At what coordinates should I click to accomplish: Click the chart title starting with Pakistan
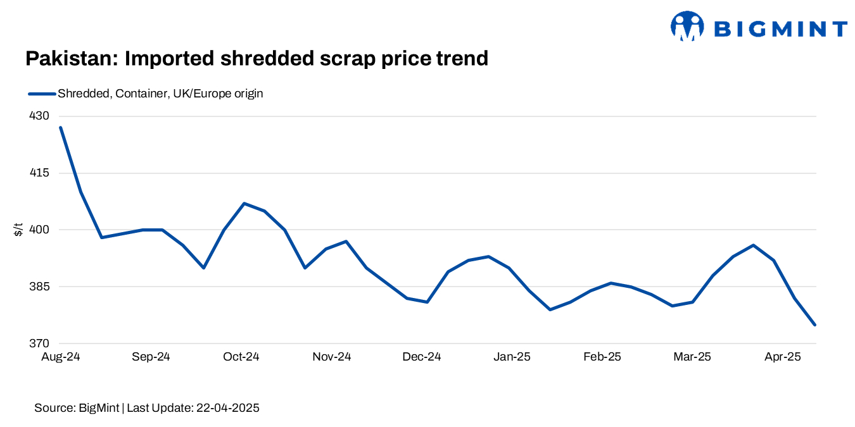coord(256,58)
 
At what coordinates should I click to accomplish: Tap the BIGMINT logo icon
coord(687,27)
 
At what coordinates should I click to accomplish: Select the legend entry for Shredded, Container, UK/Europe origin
coord(160,94)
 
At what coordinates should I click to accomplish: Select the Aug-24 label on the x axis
coord(61,357)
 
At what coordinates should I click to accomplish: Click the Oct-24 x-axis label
coord(241,357)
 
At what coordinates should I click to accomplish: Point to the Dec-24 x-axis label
coord(422,357)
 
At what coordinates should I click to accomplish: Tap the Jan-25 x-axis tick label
coord(512,357)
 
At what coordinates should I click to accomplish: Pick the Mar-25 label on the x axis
coord(692,357)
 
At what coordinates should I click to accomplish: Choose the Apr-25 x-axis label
coord(783,357)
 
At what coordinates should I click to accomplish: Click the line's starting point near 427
coord(61,128)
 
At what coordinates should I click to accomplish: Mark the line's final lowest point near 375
coord(814,325)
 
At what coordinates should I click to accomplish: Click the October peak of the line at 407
coord(244,204)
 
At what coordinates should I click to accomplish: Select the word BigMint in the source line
coord(98,408)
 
